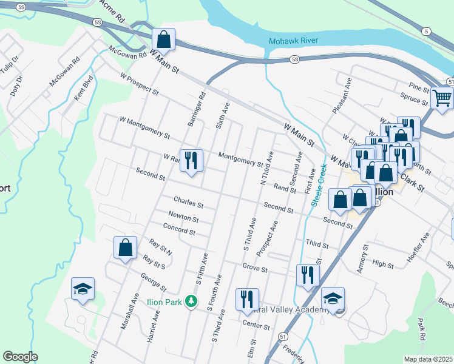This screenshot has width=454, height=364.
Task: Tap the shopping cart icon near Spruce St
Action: pyautogui.click(x=442, y=97)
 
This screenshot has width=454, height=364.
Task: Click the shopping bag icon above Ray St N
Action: pyautogui.click(x=125, y=248)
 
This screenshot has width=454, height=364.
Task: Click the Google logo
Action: pyautogui.click(x=19, y=357)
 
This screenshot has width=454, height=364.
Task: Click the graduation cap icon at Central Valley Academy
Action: pyautogui.click(x=333, y=298)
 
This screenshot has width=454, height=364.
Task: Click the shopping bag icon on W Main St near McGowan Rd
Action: pyautogui.click(x=163, y=40)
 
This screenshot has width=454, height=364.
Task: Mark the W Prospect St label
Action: pyautogui.click(x=139, y=85)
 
